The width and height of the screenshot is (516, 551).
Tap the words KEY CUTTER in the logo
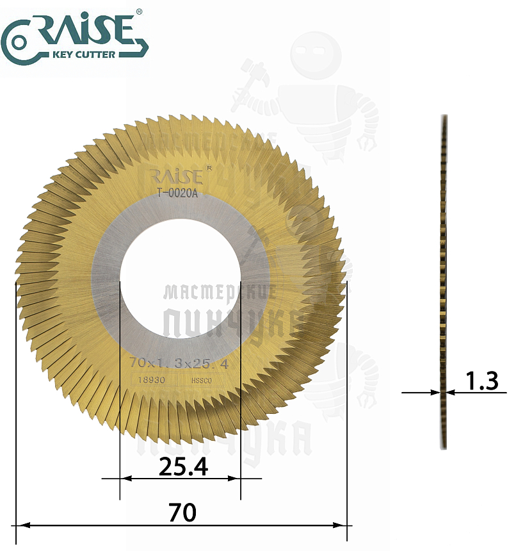coord(86,54)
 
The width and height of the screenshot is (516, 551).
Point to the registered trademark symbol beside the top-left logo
coord(140,12)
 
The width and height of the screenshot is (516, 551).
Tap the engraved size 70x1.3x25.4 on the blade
coord(179,363)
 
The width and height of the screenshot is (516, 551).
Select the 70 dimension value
coord(181,513)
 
